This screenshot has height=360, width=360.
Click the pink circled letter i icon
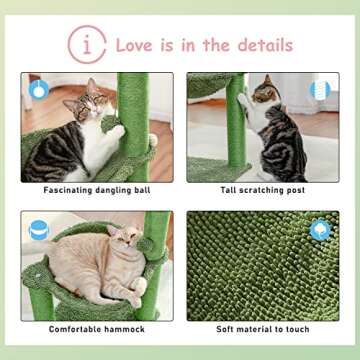[87, 45]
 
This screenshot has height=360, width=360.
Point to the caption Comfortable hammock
[97, 329]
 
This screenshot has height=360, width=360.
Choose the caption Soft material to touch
[262, 329]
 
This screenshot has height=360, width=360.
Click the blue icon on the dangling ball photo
[38, 90]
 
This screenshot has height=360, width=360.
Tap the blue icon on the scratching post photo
[320, 90]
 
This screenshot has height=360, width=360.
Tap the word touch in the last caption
[295, 329]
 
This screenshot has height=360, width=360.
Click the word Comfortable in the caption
[79, 329]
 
